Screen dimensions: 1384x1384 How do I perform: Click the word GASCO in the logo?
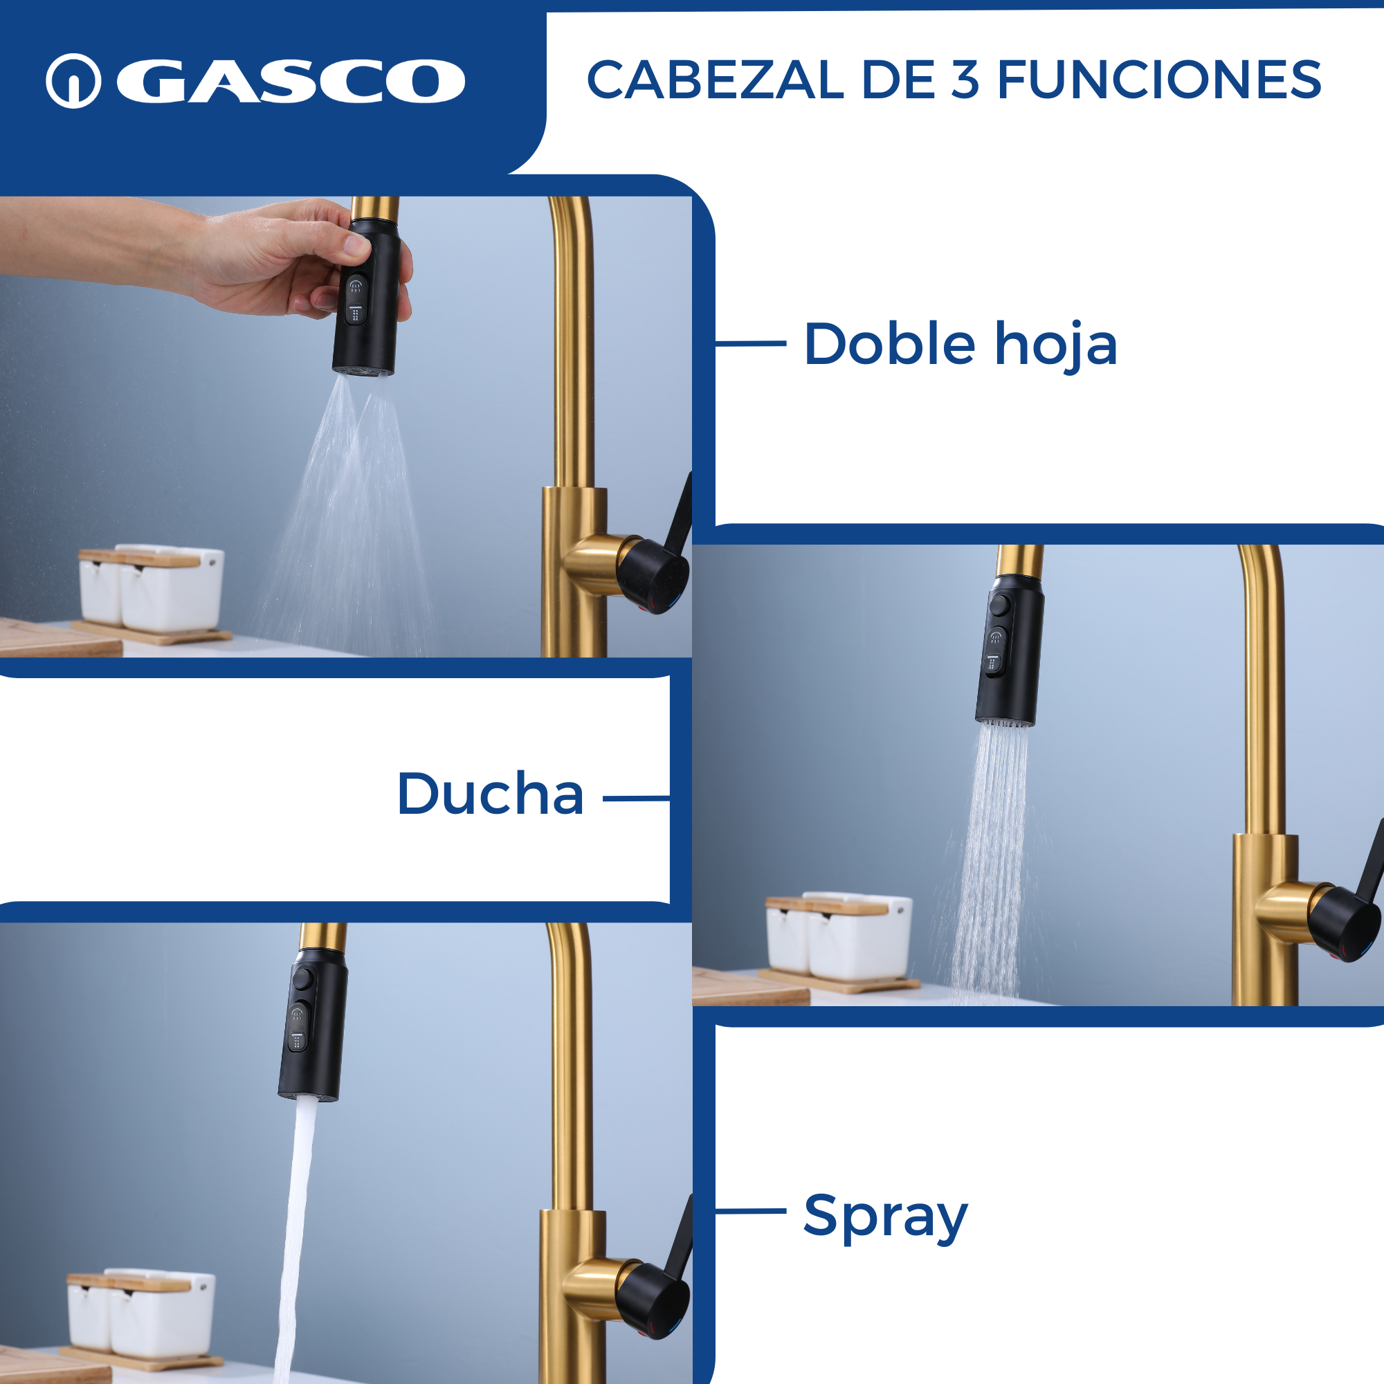291,81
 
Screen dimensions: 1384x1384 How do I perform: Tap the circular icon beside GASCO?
73,81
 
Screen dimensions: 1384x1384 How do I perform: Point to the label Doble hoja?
960,345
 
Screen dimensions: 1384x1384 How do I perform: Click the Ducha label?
491,794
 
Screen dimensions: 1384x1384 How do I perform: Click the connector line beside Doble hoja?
751,344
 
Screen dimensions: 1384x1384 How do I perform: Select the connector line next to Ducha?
637,798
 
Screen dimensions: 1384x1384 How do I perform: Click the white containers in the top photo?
152,588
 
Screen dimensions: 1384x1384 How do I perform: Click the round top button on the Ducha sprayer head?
1000,605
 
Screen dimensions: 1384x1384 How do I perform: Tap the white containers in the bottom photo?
142,1312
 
